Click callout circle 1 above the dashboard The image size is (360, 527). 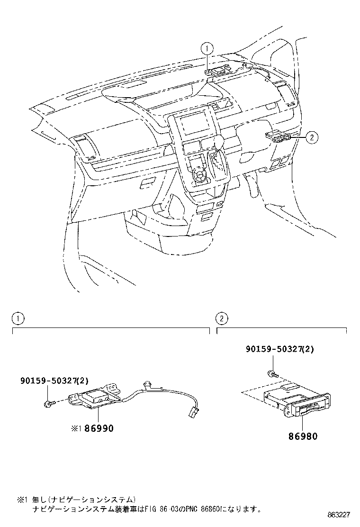[207, 47]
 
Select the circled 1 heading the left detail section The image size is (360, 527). [18, 318]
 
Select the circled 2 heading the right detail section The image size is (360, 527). [223, 318]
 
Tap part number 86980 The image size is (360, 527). [302, 436]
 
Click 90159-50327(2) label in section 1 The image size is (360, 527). [54, 380]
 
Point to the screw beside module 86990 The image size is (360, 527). [48, 403]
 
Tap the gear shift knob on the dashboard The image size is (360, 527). [219, 142]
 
